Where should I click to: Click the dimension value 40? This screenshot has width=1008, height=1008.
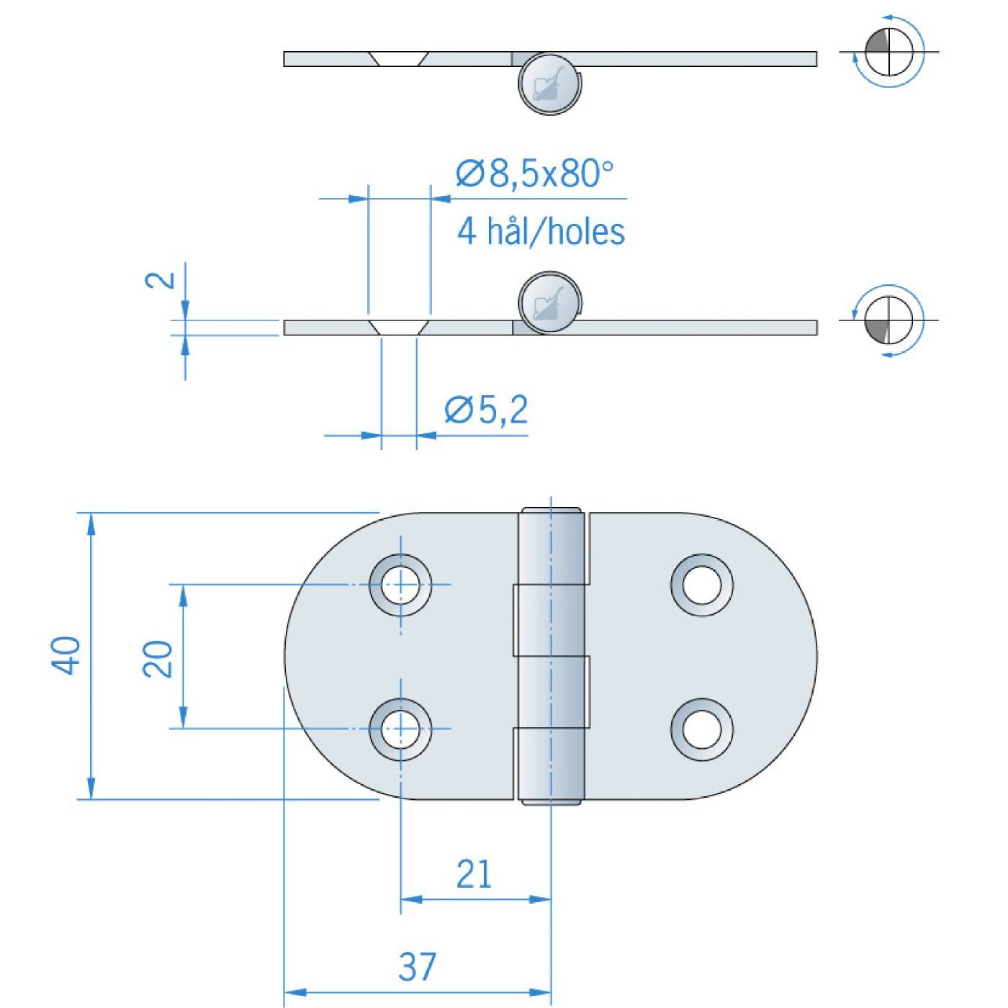[66, 655]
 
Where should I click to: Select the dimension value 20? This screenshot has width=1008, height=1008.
[158, 658]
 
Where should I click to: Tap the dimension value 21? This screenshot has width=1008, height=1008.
[474, 874]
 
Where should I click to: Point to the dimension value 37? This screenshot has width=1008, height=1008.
[418, 966]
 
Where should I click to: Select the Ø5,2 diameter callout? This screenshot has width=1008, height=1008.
[487, 410]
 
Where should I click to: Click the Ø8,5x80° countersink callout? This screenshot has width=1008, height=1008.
[534, 174]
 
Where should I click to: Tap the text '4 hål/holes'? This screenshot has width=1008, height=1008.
[541, 231]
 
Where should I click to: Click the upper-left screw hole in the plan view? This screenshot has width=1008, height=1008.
[400, 585]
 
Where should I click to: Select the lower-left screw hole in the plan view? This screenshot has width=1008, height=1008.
[400, 729]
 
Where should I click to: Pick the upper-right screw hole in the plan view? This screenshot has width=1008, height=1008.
[702, 585]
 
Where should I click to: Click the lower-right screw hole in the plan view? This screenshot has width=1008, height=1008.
[702, 729]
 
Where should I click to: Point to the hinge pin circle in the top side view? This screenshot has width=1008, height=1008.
[549, 84]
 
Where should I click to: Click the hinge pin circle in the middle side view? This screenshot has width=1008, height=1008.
[549, 302]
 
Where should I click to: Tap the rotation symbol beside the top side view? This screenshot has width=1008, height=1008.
[889, 52]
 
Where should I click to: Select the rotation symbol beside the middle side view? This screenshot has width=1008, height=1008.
[889, 320]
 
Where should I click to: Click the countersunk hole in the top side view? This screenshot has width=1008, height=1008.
[399, 58]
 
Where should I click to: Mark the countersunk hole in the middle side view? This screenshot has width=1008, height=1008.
[399, 328]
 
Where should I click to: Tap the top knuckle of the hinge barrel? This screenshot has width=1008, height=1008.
[552, 547]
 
